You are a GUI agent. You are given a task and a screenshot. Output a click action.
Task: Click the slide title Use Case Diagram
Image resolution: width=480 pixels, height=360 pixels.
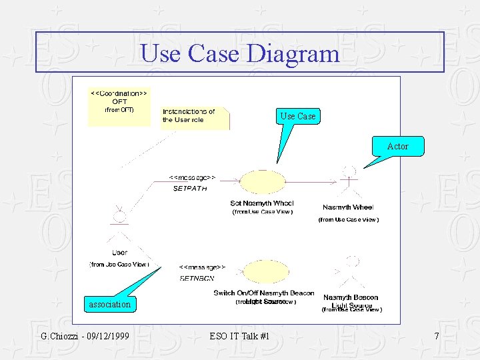click(240, 53)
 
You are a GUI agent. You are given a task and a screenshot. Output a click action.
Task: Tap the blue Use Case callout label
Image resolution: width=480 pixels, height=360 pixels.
click(297, 116)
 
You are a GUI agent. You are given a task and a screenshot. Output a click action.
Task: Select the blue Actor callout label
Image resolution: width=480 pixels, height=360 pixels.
click(398, 146)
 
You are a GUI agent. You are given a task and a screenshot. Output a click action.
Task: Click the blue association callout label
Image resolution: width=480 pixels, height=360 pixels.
click(110, 305)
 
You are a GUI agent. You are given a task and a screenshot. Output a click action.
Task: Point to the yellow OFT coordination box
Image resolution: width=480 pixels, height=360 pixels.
click(119, 106)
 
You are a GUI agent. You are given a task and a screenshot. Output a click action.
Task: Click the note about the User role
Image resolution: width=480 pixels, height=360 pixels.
click(193, 116)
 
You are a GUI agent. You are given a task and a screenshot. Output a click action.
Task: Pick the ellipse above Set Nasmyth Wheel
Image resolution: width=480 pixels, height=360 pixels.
click(261, 182)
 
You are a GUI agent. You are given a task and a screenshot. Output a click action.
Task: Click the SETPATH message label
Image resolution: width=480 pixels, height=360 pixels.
click(190, 189)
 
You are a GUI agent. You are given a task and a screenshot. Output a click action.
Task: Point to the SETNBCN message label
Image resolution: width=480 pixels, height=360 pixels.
click(197, 279)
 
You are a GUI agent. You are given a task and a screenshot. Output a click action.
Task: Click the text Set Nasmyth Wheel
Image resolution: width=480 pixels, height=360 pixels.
click(262, 203)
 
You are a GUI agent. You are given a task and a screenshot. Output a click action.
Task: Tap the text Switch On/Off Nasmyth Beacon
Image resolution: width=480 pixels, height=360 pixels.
click(263, 293)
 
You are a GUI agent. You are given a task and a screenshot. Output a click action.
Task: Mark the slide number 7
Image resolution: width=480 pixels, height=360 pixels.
click(437, 337)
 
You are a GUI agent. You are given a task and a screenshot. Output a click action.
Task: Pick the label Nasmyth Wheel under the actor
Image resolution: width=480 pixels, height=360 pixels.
click(348, 207)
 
